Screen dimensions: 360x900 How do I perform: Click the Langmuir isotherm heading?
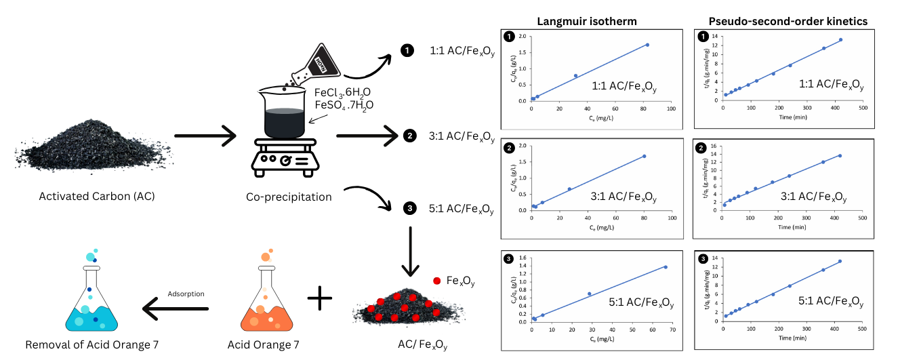pos(587,21)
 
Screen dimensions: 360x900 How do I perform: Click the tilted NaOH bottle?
pos(323,60)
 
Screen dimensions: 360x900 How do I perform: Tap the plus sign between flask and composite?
pos(321,296)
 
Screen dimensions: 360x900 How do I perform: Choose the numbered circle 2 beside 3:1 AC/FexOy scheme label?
pos(409,136)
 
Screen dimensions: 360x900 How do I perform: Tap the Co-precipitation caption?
pos(289,197)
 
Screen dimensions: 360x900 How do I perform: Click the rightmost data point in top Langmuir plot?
pos(647,45)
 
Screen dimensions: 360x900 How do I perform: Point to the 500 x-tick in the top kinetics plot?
pos(862,108)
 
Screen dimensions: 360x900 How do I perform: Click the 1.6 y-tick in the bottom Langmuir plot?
pos(523,258)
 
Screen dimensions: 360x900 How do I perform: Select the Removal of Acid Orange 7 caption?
pos(92,345)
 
